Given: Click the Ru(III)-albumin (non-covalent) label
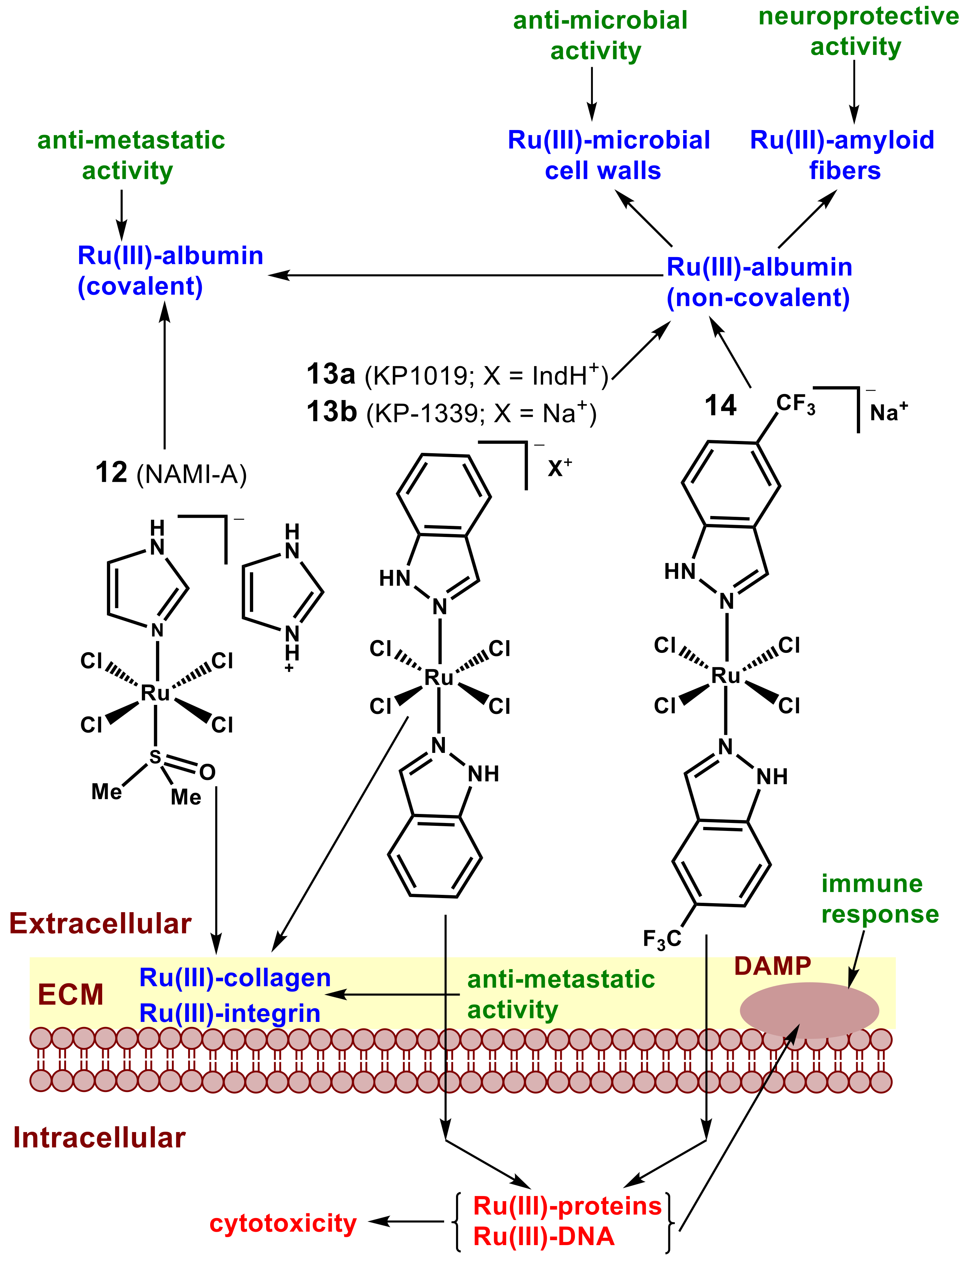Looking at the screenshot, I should point(759,282).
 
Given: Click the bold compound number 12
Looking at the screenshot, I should point(111,473).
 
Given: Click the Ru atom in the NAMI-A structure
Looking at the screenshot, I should point(155,693).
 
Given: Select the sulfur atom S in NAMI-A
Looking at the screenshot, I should point(155,757).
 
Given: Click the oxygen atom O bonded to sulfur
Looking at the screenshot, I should point(207,772).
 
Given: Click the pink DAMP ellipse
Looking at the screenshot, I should point(809,1010).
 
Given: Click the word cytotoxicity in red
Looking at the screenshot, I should point(283,1223).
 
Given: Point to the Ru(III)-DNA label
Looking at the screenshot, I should point(543,1236).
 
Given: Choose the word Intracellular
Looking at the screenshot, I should point(99,1138).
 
